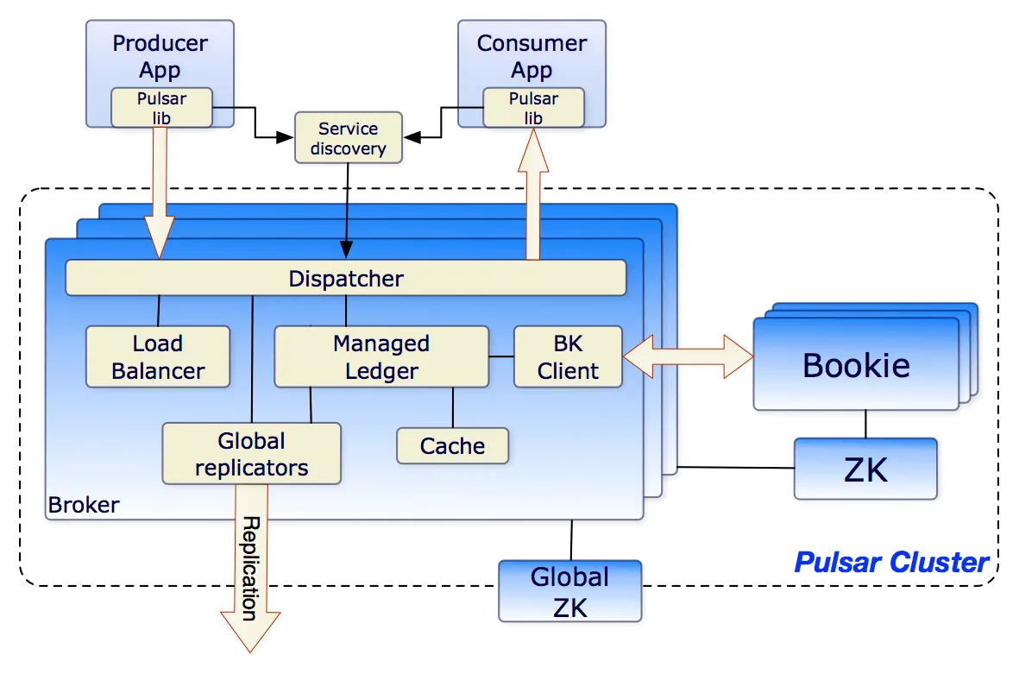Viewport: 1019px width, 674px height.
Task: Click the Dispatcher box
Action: coord(345,278)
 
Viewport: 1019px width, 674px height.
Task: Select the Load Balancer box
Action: coord(158,356)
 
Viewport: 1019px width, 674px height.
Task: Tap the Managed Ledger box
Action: coord(381,356)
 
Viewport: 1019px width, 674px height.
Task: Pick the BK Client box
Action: coord(568,356)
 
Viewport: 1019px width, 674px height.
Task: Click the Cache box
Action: coord(452,445)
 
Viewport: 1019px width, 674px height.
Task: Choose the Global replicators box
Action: coord(251,454)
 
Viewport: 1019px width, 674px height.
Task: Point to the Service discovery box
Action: coord(348,138)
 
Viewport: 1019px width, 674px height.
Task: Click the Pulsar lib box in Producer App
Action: coord(161,108)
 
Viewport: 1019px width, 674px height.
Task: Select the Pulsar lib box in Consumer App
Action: coord(533,108)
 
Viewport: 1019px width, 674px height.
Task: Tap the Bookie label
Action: coord(856,365)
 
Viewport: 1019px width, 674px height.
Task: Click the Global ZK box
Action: coord(569,591)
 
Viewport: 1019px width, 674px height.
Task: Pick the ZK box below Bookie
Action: coord(865,469)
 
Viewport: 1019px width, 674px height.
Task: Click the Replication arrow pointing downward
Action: coord(250,570)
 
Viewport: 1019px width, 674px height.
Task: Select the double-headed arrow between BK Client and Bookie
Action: coord(688,356)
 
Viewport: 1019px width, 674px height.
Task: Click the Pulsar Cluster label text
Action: coord(890,563)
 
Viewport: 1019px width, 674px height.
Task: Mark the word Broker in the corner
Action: coord(84,504)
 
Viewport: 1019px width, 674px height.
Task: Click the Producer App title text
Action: coord(160,55)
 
